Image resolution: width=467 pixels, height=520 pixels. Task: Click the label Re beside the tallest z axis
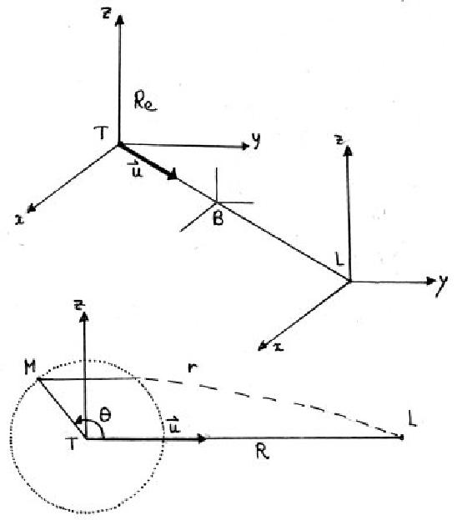pyautogui.click(x=145, y=101)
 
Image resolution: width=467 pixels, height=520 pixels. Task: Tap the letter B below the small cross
pyautogui.click(x=218, y=218)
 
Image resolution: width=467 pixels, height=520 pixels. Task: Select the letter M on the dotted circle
pyautogui.click(x=30, y=367)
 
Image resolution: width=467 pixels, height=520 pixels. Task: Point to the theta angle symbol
pyautogui.click(x=104, y=415)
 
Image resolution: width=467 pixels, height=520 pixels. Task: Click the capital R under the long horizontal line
pyautogui.click(x=263, y=452)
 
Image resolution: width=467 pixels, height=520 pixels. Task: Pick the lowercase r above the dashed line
pyautogui.click(x=193, y=367)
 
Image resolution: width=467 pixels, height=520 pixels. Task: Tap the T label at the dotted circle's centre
pyautogui.click(x=71, y=443)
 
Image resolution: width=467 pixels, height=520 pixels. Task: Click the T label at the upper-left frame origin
pyautogui.click(x=101, y=133)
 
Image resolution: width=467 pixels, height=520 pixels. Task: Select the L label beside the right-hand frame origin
pyautogui.click(x=339, y=259)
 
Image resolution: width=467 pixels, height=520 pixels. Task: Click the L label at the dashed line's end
pyautogui.click(x=412, y=419)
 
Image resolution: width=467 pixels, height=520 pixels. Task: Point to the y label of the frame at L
pyautogui.click(x=442, y=286)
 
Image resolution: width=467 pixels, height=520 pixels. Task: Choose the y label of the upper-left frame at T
pyautogui.click(x=255, y=141)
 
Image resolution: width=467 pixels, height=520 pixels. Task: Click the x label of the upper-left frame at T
pyautogui.click(x=20, y=221)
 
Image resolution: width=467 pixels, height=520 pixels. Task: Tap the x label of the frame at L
pyautogui.click(x=279, y=347)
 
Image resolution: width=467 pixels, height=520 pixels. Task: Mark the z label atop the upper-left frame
pyautogui.click(x=106, y=14)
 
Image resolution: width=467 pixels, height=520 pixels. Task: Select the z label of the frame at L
pyautogui.click(x=339, y=140)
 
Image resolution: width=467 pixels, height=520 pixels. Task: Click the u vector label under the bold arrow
pyautogui.click(x=136, y=169)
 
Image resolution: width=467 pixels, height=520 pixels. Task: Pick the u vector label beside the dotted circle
pyautogui.click(x=173, y=426)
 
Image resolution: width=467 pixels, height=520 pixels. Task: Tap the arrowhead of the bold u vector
pyautogui.click(x=173, y=174)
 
